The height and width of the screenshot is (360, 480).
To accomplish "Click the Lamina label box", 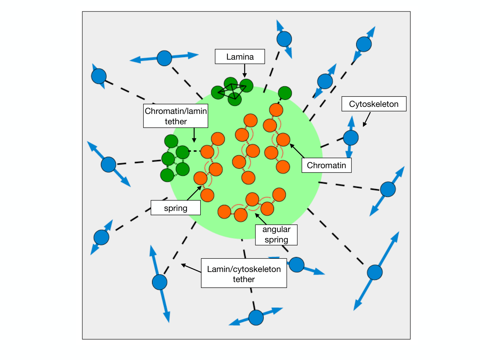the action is click(x=240, y=57).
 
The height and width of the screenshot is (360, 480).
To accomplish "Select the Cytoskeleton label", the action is click(x=374, y=104).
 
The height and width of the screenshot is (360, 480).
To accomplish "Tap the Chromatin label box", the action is click(x=326, y=165).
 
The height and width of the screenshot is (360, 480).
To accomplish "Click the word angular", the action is click(x=276, y=229).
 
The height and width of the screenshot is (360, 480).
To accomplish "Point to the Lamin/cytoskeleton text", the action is click(x=244, y=269).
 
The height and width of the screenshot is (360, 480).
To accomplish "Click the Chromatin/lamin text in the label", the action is click(x=176, y=111).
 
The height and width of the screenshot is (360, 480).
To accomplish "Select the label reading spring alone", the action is click(x=176, y=208).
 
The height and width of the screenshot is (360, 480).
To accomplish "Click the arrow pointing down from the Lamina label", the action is click(x=245, y=71).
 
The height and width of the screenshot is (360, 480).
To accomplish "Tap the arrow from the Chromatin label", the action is click(x=297, y=151).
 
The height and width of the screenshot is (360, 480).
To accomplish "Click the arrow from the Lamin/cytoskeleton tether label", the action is click(x=191, y=268).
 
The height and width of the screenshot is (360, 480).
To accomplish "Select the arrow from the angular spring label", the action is click(x=261, y=219).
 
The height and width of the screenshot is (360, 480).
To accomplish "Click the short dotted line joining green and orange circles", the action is click(x=194, y=151).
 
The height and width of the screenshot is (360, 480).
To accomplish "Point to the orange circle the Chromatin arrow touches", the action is click(x=283, y=139).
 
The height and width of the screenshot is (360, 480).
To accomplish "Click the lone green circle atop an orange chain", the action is click(x=285, y=93).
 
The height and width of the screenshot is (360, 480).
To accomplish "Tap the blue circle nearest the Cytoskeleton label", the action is click(x=351, y=138).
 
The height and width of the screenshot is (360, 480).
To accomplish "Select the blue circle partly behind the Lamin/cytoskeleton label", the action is click(x=297, y=265).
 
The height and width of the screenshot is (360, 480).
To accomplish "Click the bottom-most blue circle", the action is click(x=256, y=318).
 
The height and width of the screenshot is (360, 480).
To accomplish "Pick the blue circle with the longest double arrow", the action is click(x=375, y=272).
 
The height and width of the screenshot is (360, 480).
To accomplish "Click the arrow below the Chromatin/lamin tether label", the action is click(x=194, y=135).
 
